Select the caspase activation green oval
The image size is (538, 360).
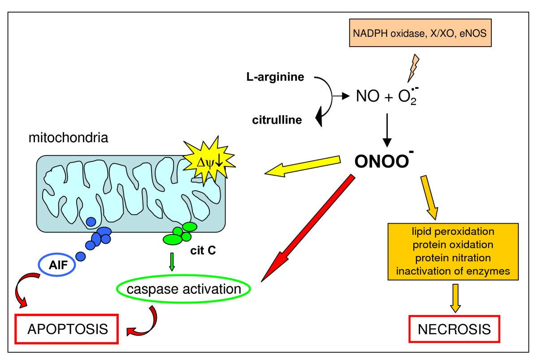tap(183, 289)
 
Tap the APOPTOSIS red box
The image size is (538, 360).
tap(67, 330)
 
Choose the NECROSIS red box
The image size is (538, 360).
tap(454, 330)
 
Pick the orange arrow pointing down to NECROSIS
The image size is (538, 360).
tap(456, 297)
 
